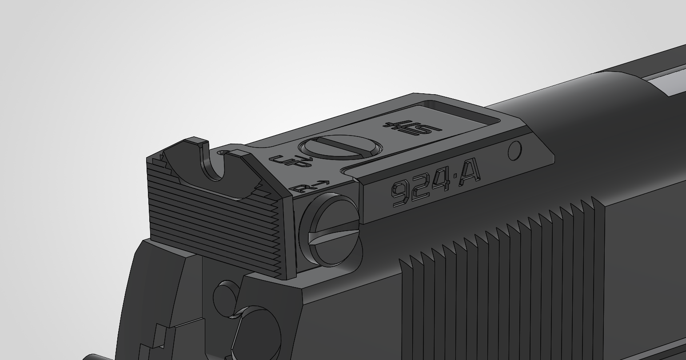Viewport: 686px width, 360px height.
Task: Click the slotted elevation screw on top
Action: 340,147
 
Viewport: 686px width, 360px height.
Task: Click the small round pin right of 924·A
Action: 515,150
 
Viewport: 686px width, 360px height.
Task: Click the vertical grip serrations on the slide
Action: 498,276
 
